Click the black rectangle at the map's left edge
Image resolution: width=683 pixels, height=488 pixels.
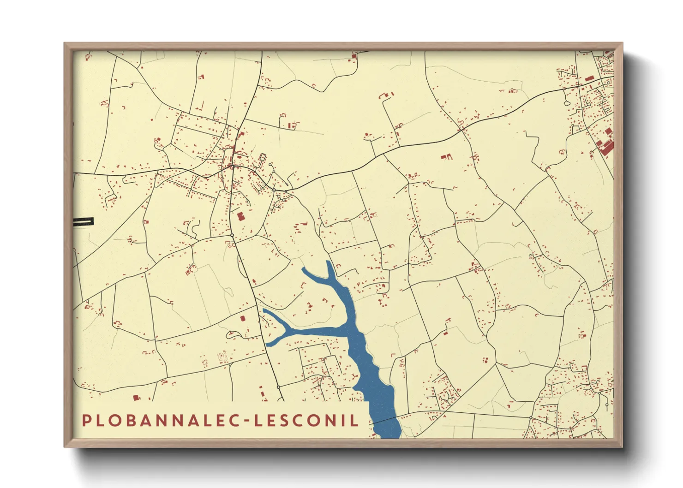pos(84,222)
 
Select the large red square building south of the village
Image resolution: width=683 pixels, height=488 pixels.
pos(240,216)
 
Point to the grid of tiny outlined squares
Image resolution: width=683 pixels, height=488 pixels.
pos(222,357)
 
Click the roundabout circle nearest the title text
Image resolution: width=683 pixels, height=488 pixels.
pos(279,387)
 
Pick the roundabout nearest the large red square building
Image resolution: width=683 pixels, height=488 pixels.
pos(232,235)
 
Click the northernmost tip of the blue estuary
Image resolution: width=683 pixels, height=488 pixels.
pos(328,262)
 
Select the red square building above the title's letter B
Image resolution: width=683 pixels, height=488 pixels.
pos(136,398)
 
